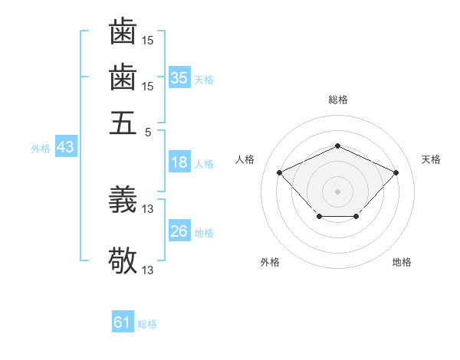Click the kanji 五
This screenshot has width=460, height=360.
123,123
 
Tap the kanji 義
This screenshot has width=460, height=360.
123,201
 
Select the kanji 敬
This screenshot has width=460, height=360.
123,260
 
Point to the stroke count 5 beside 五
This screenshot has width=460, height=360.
149,132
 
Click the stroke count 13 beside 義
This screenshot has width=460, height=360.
148,209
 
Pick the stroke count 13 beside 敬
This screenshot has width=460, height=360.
148,270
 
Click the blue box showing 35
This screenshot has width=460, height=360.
179,78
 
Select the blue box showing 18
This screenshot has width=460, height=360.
179,162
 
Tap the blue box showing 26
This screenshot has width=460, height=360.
179,231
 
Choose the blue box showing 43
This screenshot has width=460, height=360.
65,147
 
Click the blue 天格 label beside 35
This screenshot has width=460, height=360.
204,80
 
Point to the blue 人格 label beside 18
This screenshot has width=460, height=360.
204,164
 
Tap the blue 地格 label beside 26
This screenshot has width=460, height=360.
204,233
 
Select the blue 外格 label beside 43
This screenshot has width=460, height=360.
41,149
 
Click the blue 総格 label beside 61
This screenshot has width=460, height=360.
147,324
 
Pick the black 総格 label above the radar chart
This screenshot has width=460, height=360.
337,100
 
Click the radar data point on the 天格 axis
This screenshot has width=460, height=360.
396,172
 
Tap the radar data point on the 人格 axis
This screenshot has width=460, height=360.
280,172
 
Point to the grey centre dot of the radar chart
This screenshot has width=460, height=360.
337,191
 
